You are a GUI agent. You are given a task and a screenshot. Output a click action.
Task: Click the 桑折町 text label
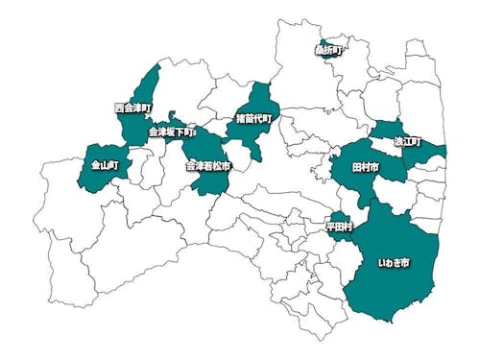329,48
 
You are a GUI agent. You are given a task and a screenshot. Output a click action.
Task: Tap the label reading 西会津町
132,107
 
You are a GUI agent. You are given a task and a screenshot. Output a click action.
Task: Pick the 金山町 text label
105,165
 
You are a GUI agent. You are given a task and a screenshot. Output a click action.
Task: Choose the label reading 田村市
366,167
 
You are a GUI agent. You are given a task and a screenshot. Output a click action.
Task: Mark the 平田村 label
339,227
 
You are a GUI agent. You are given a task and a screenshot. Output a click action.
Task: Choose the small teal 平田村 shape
338,217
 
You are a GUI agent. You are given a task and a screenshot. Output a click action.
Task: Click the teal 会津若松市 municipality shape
209,180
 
